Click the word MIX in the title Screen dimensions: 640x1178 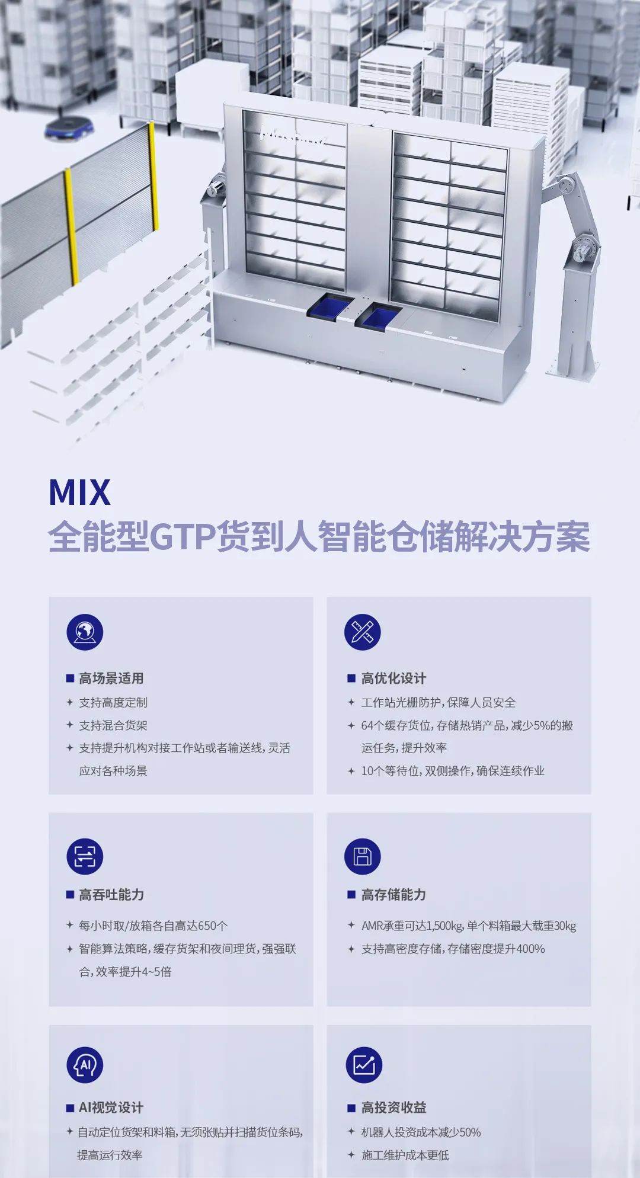79,492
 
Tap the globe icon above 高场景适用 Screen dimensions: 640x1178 85,632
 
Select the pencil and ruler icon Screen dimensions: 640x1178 362,632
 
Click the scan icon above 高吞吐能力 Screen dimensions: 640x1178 85,856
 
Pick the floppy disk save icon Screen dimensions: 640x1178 362,856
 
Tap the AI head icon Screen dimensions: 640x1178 85,1065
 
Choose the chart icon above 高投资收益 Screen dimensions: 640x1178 364,1065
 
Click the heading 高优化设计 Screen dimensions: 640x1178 393,678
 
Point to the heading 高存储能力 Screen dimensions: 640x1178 393,895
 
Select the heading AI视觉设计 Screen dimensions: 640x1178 111,1107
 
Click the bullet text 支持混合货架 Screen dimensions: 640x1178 113,725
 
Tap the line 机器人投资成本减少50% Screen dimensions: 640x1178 421,1132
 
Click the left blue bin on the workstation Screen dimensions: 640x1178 327,307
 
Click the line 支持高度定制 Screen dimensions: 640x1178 113,702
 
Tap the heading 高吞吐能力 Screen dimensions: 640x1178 111,895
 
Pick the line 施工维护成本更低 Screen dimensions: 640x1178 405,1155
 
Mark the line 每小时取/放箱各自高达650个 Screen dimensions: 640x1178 153,926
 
